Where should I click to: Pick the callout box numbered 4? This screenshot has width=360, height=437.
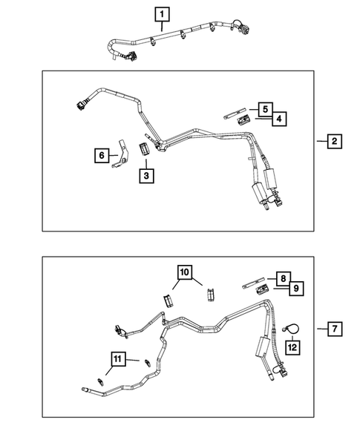278,118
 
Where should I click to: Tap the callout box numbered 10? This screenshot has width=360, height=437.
184,272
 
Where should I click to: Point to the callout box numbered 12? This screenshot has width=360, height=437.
294,345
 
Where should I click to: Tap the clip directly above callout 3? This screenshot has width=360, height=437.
145,147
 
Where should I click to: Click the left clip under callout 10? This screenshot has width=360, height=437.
167,301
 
